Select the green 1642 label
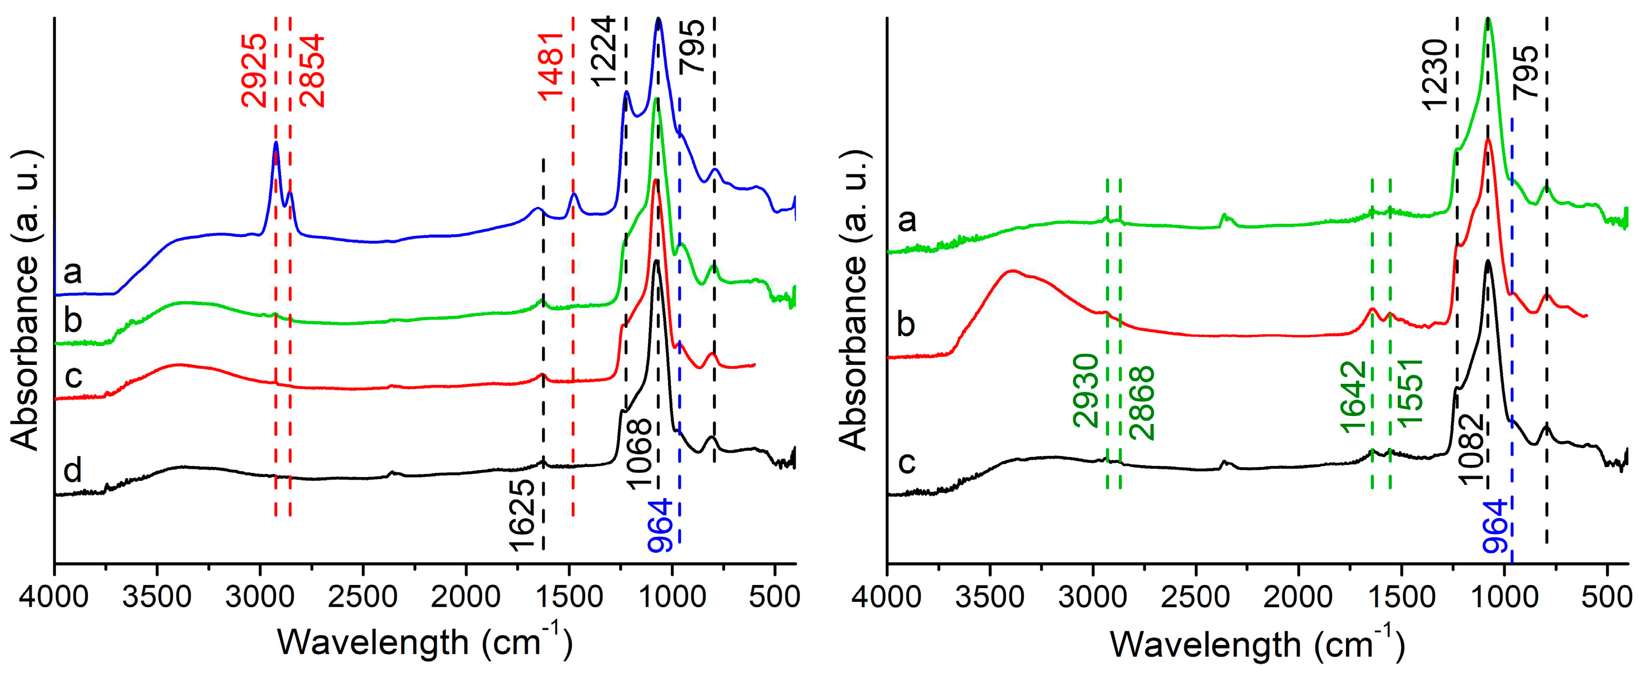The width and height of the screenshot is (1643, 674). click(x=1352, y=397)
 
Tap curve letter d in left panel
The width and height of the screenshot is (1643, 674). click(x=73, y=471)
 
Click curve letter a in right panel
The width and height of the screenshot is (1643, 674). click(x=906, y=221)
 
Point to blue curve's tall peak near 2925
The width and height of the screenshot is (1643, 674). click(x=275, y=143)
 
